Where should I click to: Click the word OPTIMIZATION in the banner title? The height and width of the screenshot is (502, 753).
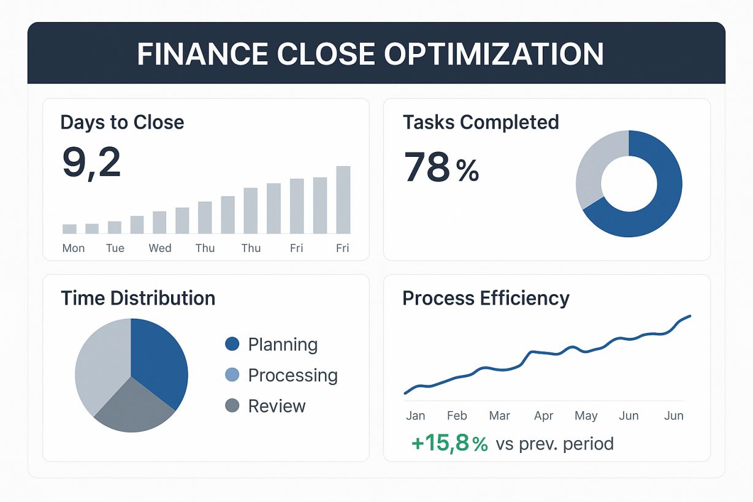pos(494,54)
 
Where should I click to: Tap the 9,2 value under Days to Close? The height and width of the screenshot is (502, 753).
pos(92,163)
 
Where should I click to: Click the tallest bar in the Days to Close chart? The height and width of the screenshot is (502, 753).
pos(343,200)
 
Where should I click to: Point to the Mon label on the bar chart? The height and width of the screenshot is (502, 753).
pos(74,248)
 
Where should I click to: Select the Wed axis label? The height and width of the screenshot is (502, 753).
pos(160,248)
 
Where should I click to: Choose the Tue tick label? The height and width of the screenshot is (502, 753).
pos(115,248)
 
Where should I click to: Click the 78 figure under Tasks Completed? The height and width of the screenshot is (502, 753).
pos(427,167)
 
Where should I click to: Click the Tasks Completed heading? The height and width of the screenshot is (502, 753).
pos(481,122)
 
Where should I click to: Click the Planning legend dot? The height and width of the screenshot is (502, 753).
pos(232,344)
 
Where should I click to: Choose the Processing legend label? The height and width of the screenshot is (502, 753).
pos(292,375)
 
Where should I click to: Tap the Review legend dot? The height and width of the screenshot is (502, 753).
pos(232,406)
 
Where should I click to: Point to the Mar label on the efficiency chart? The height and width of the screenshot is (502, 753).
pos(500,416)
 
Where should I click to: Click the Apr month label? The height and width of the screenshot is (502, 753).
pos(543,416)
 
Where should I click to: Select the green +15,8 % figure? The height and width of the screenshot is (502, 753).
pos(450,444)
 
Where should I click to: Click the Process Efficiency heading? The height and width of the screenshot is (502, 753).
pos(486,299)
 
